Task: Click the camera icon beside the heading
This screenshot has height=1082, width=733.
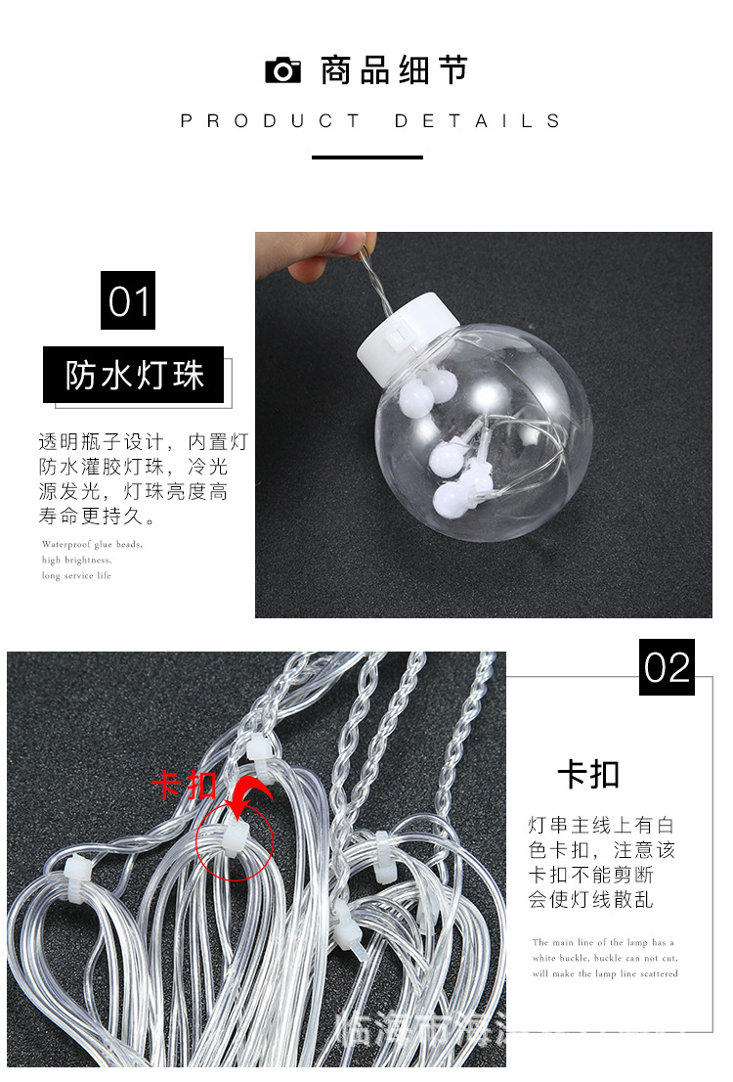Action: click(282, 70)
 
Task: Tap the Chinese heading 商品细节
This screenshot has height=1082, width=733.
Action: click(395, 70)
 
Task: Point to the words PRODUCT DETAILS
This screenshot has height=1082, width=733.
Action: click(371, 121)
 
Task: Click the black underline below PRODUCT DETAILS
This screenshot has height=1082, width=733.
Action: click(366, 157)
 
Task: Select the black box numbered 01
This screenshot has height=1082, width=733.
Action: click(128, 300)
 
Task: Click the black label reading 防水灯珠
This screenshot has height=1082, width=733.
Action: click(133, 375)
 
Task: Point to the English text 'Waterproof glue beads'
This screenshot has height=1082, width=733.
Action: click(93, 544)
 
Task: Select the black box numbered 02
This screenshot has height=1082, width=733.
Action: click(667, 667)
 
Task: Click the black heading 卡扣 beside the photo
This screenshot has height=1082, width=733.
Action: click(588, 775)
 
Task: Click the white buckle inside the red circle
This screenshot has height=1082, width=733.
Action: click(235, 839)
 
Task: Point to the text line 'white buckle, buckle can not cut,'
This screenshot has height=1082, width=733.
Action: click(605, 958)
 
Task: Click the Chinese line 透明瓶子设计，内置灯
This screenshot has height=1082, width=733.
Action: click(143, 442)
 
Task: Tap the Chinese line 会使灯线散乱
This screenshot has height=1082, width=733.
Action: click(591, 900)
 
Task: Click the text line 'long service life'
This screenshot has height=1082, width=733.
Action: click(77, 575)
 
